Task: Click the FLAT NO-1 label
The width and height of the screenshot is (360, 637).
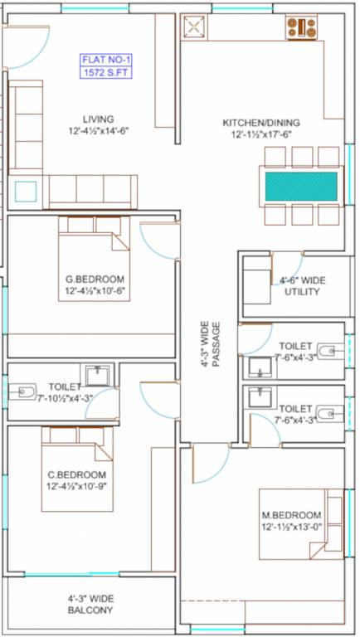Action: pyautogui.click(x=105, y=60)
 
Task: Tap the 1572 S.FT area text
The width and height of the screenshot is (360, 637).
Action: pyautogui.click(x=105, y=72)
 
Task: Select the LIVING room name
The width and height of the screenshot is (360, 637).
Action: pyautogui.click(x=99, y=119)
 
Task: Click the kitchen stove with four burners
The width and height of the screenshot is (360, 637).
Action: pyautogui.click(x=301, y=27)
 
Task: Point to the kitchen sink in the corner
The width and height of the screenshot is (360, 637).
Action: pyautogui.click(x=194, y=27)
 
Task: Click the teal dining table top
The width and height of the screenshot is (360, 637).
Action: pyautogui.click(x=301, y=186)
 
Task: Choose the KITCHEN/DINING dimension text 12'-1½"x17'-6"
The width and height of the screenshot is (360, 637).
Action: pyautogui.click(x=262, y=135)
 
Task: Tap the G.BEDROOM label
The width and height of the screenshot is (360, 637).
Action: pyautogui.click(x=95, y=280)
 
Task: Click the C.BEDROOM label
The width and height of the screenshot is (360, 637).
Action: pyautogui.click(x=77, y=474)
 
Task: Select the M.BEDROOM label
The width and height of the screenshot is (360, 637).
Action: pyautogui.click(x=291, y=515)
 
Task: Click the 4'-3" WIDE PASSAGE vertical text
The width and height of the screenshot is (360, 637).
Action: pyautogui.click(x=210, y=344)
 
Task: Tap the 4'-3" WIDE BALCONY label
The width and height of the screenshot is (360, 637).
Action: pyautogui.click(x=91, y=604)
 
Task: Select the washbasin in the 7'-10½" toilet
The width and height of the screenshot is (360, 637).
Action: pyautogui.click(x=97, y=375)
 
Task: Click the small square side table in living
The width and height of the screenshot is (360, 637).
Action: pyautogui.click(x=26, y=192)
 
